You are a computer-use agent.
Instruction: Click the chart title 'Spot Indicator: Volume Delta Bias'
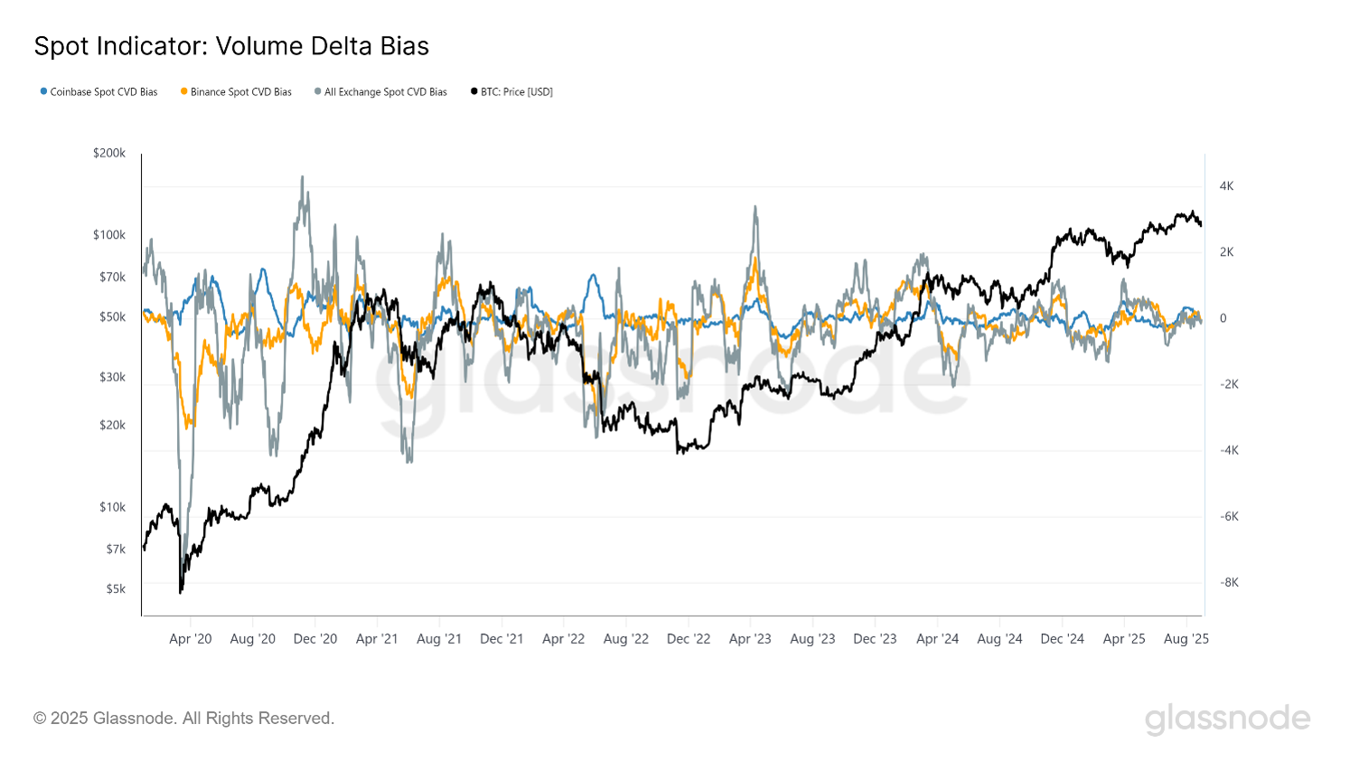coord(231,46)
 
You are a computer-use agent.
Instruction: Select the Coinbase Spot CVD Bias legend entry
coord(99,92)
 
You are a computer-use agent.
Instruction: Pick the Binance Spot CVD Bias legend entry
coord(237,92)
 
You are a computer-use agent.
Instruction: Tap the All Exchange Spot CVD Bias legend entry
coord(381,92)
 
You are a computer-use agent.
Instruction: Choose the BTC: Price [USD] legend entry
coord(512,92)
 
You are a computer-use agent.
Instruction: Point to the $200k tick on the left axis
coord(109,154)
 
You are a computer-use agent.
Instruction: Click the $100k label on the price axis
coord(109,235)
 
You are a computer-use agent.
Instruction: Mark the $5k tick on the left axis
coord(116,589)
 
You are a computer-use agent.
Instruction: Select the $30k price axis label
coord(112,377)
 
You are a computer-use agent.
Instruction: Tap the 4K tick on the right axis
coord(1226,186)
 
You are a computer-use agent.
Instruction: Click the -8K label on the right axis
coord(1229,582)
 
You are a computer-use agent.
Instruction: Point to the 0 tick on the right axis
coord(1223,318)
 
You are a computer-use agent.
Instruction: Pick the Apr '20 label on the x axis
coord(191,639)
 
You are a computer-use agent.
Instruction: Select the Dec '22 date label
coord(689,639)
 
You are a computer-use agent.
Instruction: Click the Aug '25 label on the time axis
coord(1186,639)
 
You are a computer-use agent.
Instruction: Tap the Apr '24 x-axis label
coord(937,639)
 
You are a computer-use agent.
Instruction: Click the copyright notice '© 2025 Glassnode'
coord(183,719)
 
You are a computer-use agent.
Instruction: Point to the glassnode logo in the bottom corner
coord(1227,720)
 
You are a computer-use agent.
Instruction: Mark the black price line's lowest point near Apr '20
coord(181,592)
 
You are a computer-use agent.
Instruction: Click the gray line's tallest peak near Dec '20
coord(302,177)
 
